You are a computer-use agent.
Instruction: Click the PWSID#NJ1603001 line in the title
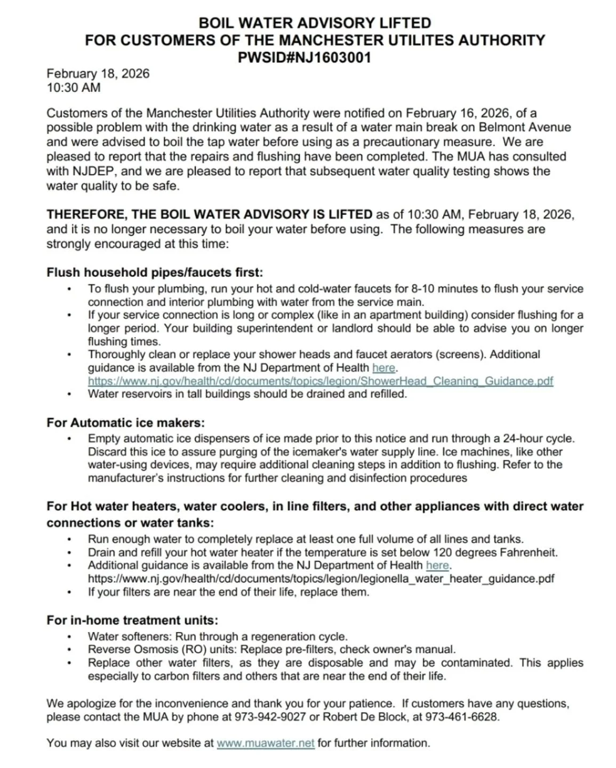(304, 58)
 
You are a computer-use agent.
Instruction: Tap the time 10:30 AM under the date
(74, 87)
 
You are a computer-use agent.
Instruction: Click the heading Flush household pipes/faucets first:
(155, 273)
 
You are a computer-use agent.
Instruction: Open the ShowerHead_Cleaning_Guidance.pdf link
(320, 381)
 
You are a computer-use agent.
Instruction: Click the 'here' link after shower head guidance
(383, 367)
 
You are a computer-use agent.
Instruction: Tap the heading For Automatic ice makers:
(125, 422)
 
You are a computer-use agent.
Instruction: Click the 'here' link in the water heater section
(437, 565)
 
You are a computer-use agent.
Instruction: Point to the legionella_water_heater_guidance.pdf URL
(321, 578)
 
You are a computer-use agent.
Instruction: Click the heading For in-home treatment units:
(132, 620)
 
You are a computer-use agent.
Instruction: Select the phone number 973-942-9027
(270, 717)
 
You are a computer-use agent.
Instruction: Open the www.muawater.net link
(265, 743)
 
